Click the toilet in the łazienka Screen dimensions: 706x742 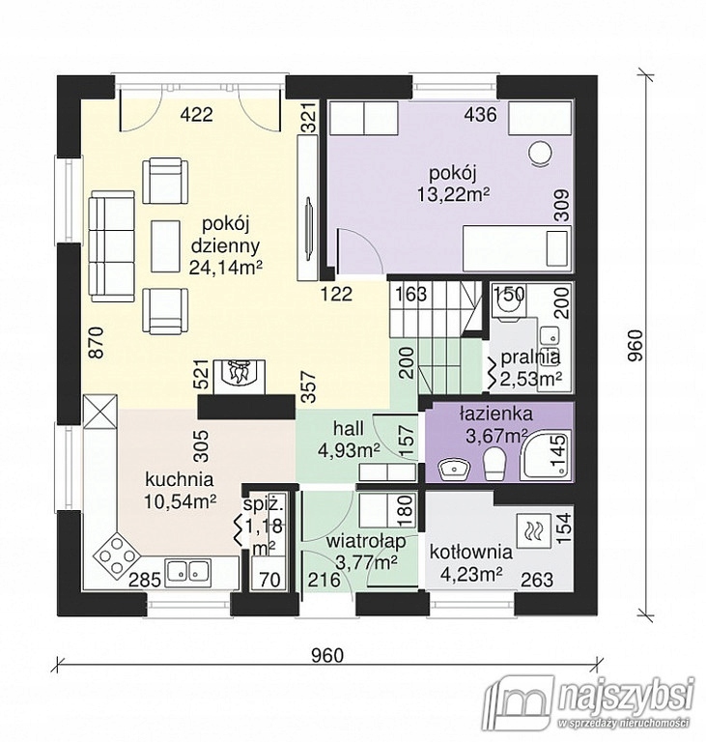pos(494,463)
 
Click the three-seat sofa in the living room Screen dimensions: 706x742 pos(113,245)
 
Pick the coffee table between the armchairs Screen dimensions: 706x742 pos(165,246)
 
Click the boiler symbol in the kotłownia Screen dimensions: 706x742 pos(533,532)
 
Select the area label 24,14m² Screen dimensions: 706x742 pos(226,268)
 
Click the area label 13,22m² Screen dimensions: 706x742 pos(453,194)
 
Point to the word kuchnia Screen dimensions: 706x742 pos(180,480)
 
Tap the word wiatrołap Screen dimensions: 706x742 pos(366,542)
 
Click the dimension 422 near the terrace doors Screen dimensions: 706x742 pos(197,115)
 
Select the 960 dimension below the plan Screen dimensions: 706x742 pos(327,655)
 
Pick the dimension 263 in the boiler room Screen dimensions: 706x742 pos(537,579)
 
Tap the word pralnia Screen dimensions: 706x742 pos(530,357)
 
